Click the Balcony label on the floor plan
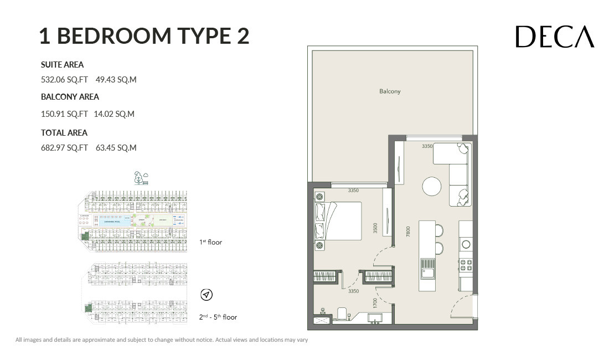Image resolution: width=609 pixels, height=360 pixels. (390, 91)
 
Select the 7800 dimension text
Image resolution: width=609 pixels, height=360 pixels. (408, 231)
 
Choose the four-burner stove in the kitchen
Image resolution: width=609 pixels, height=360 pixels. (466, 265)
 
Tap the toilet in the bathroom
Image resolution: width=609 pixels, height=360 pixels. (341, 314)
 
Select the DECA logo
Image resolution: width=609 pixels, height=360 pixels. (555, 37)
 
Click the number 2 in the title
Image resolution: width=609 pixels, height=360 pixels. (240, 36)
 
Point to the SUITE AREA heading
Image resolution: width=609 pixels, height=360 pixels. (62, 65)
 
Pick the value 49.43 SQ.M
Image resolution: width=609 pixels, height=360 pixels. (116, 80)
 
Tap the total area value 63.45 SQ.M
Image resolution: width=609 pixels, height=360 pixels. (116, 148)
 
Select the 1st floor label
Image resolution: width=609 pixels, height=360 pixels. (210, 242)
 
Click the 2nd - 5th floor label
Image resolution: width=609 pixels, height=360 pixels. (218, 317)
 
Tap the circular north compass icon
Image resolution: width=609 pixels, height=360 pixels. (207, 295)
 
